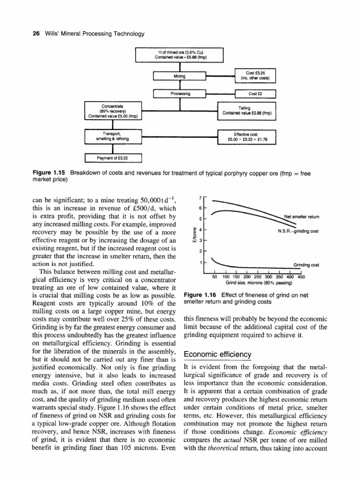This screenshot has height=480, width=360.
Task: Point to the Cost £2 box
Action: (x=255, y=94)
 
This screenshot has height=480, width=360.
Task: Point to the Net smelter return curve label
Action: (x=302, y=217)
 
